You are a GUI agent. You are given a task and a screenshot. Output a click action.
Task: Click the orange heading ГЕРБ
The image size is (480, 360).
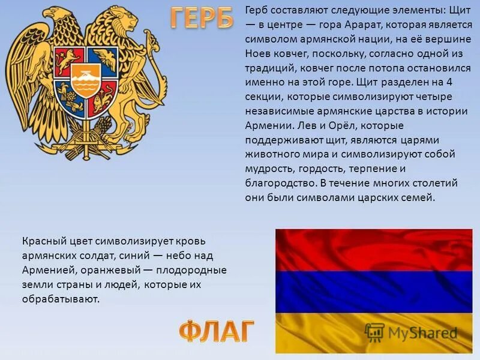click(202, 19)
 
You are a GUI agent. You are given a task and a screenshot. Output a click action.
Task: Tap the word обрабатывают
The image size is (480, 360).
click(61, 299)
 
